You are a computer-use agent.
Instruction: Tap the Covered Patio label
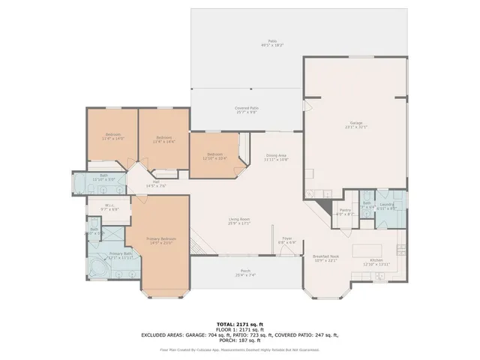point(247,109)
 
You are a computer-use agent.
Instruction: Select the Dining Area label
point(277,156)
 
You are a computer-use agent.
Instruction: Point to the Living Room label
point(239,219)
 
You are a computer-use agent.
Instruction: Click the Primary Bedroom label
point(162,239)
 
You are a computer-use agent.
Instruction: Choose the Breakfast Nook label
point(326,256)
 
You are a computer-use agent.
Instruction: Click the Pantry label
point(345,211)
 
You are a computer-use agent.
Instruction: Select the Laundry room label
point(387,205)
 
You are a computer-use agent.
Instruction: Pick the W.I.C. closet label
point(109,206)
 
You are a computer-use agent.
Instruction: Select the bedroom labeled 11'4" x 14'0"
point(113,136)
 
